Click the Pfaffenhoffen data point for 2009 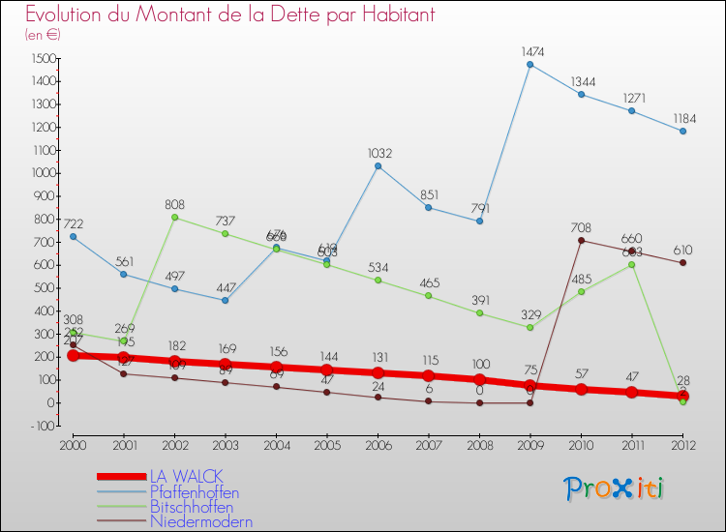coord(530,65)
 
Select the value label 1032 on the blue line coord(378,153)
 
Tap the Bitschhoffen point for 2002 coord(175,218)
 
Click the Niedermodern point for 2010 coord(581,240)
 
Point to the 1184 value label coord(682,118)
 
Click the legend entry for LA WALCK coord(186,476)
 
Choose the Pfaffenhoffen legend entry coord(194,492)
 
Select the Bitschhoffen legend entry coord(192,507)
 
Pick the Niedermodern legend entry coord(201,522)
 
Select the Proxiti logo coord(615,488)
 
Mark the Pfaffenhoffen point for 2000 coord(73,237)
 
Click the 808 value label coord(175,205)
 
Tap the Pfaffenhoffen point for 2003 coord(226,300)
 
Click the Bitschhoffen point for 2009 coord(530,327)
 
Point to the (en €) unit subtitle coord(43,35)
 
